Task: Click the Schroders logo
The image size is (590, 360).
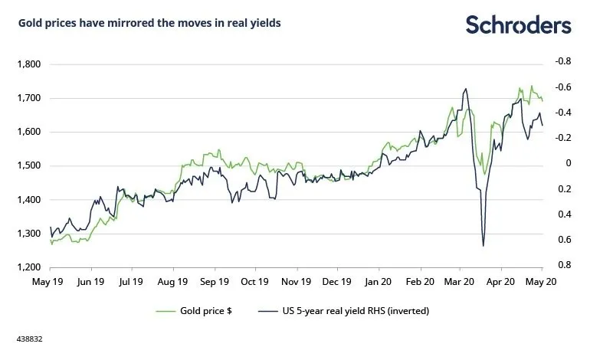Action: [x=518, y=25]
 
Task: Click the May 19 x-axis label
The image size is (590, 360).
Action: [x=50, y=281]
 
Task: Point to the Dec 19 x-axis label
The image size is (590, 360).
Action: [x=336, y=281]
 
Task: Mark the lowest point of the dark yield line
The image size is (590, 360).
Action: [x=483, y=246]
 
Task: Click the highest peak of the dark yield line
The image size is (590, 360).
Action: [x=466, y=89]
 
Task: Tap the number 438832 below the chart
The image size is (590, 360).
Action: [x=28, y=336]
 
